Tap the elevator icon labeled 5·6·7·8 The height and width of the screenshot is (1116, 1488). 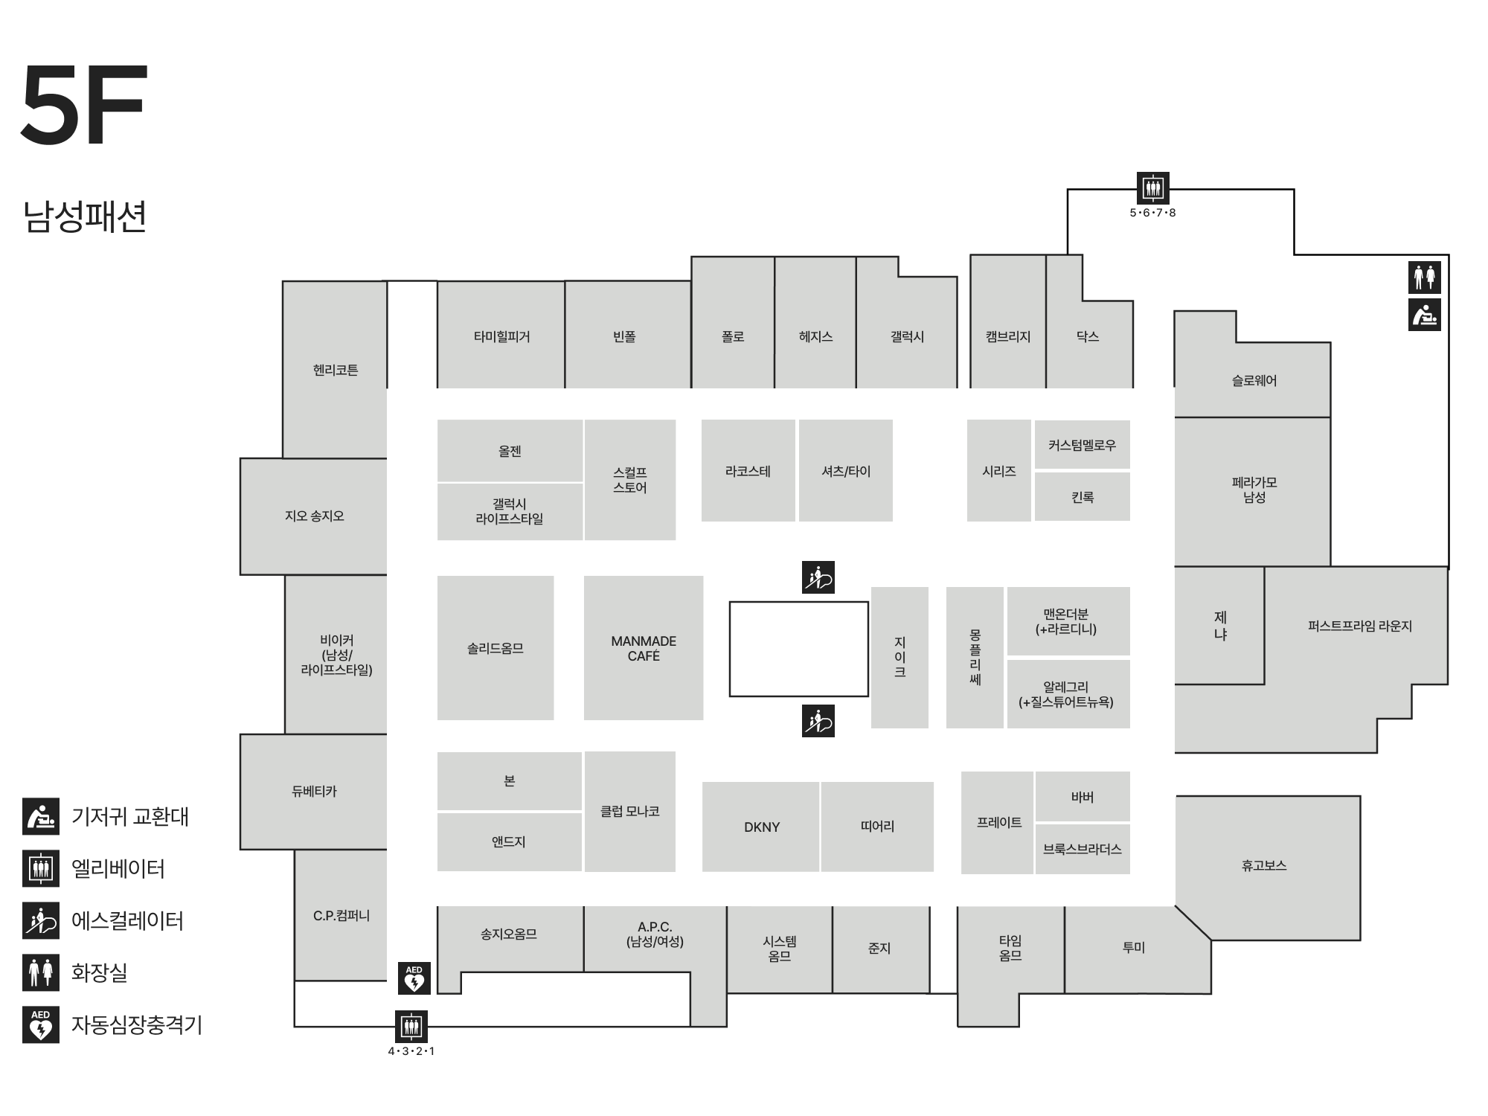pos(1153,187)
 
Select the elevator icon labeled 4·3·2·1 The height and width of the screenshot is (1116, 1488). pos(411,1026)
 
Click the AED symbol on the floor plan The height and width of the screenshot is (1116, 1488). pos(414,978)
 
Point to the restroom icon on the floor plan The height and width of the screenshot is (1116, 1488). pos(1425,278)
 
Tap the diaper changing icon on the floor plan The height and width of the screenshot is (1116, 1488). pos(1425,315)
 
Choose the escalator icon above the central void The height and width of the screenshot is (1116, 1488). pos(818,577)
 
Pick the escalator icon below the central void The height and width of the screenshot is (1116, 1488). pos(818,721)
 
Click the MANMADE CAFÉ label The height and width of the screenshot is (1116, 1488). pos(644,648)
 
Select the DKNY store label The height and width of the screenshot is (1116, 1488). pos(762,827)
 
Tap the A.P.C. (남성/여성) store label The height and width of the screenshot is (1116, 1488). pos(655,934)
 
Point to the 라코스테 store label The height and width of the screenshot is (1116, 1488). pos(748,471)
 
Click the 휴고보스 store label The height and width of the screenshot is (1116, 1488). pos(1264,865)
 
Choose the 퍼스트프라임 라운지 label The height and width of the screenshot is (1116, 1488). pos(1360,626)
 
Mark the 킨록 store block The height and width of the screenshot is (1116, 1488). pos(1083,497)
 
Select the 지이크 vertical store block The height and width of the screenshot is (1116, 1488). pos(899,658)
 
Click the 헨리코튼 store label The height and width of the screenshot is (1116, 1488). pos(336,370)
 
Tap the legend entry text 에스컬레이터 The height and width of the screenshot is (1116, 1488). pos(127,921)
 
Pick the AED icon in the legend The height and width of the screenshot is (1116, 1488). pos(41,1024)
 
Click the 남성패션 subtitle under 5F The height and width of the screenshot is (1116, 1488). pos(85,217)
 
